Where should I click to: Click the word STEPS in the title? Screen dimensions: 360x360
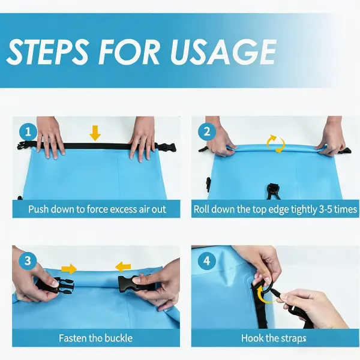point(47,52)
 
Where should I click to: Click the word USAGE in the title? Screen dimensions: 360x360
point(223,52)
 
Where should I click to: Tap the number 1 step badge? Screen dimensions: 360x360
point(28,132)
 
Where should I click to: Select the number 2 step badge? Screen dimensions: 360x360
point(207,132)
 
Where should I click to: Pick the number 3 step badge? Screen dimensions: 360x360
point(28,261)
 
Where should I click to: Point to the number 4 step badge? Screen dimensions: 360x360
point(206,261)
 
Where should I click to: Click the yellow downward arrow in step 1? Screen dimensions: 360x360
point(95,133)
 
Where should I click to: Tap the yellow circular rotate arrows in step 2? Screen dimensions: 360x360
point(275,144)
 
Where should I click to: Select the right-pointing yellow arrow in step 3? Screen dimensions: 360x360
point(69,269)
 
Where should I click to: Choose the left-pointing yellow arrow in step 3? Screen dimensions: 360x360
point(123,267)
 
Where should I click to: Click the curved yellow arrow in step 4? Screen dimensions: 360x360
point(262,295)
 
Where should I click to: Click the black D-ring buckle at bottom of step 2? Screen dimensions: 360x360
point(273,191)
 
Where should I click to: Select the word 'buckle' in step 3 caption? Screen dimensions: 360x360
point(118,338)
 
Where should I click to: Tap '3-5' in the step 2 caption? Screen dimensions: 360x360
point(325,209)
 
